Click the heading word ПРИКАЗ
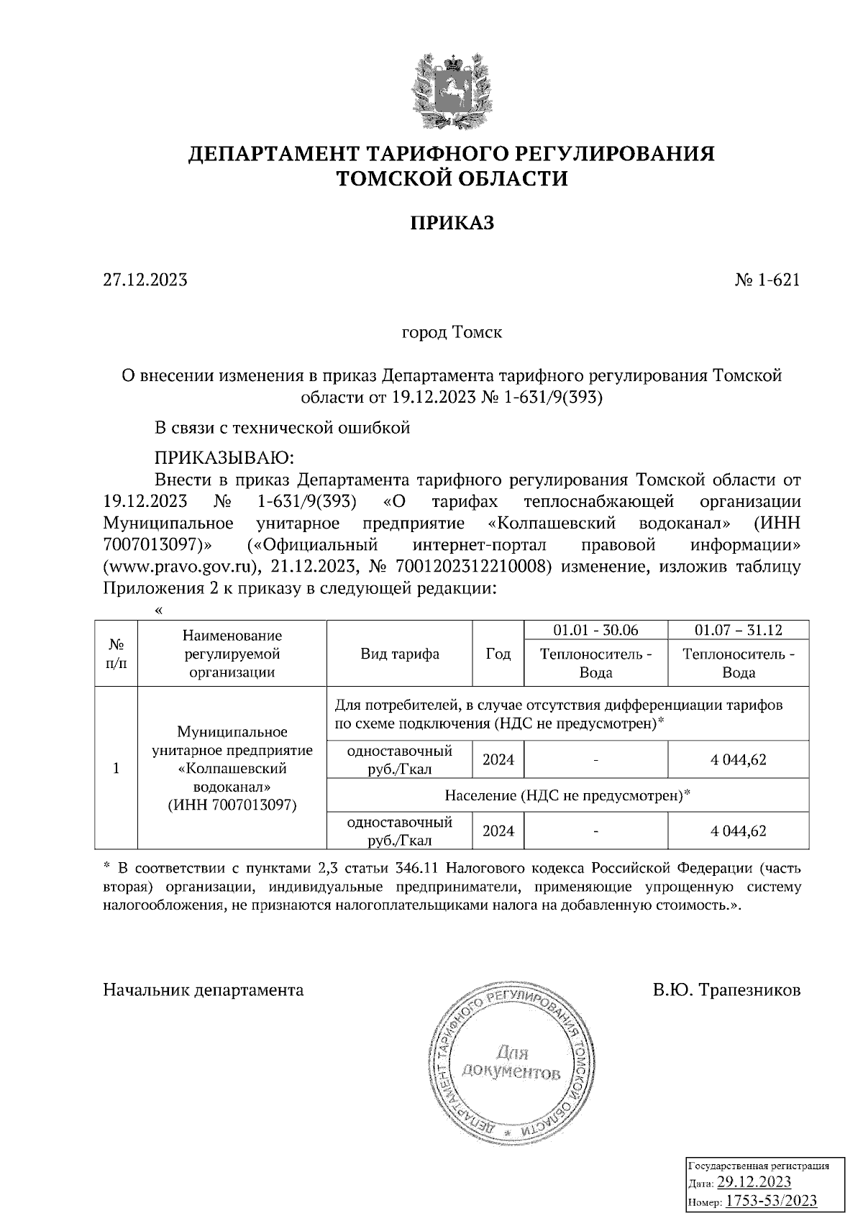(x=452, y=224)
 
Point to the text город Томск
(x=452, y=333)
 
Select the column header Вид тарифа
(x=400, y=654)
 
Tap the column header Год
(x=498, y=654)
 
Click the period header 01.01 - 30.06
(x=595, y=630)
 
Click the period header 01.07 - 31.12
(x=738, y=630)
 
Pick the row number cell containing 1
(x=116, y=768)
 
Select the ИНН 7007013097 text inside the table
(x=232, y=805)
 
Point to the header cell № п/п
(x=116, y=654)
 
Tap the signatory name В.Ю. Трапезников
(x=726, y=990)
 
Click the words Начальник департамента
(x=204, y=990)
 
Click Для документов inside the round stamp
(x=511, y=1064)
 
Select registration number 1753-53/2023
(x=771, y=1200)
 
